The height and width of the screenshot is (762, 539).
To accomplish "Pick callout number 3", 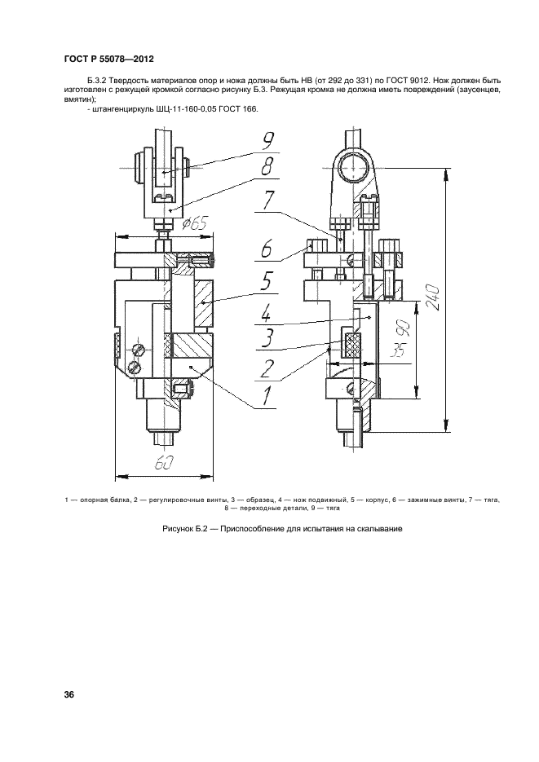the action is (x=267, y=338).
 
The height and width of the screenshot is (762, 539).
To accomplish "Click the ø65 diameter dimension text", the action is (x=194, y=223).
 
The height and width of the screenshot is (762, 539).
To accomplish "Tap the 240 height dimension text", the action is (x=433, y=297).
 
